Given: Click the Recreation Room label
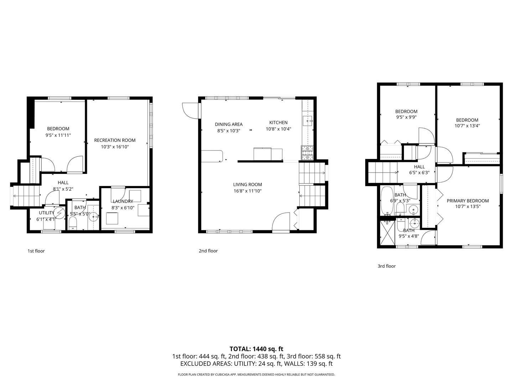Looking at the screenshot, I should pos(115,140).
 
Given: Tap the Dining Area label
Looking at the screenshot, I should pos(229,124).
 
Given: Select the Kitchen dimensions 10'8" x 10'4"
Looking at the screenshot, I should pos(278,129).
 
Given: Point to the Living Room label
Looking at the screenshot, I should pos(247,184).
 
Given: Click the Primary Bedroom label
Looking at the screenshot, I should pos(467,201).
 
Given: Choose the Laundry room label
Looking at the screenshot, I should pos(123,201).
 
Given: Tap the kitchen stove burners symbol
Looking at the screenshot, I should pos(307,152).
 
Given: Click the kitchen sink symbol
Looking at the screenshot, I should pos(307,121).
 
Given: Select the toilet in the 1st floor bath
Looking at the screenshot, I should pos(73,223).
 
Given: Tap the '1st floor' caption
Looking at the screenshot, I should pos(36,251).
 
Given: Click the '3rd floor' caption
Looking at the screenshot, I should pos(387,266).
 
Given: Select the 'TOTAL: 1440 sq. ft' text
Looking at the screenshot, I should pos(256,349).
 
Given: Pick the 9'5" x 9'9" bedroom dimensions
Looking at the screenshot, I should pos(406,117).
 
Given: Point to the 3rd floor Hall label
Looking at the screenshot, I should pos(419,167).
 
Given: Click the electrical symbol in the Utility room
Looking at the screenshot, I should pos(60,213).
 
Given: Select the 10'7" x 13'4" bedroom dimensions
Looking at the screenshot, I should pos(467,125).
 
